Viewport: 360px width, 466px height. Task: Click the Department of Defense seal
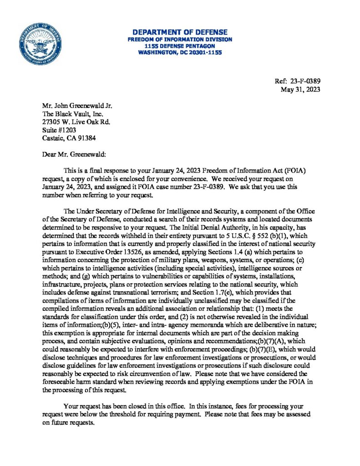pyautogui.click(x=41, y=44)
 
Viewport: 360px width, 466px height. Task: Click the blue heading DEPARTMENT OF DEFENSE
pyautogui.click(x=180, y=32)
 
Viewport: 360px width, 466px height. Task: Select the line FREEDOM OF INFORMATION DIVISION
pyautogui.click(x=180, y=39)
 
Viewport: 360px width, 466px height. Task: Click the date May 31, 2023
pyautogui.click(x=301, y=89)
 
